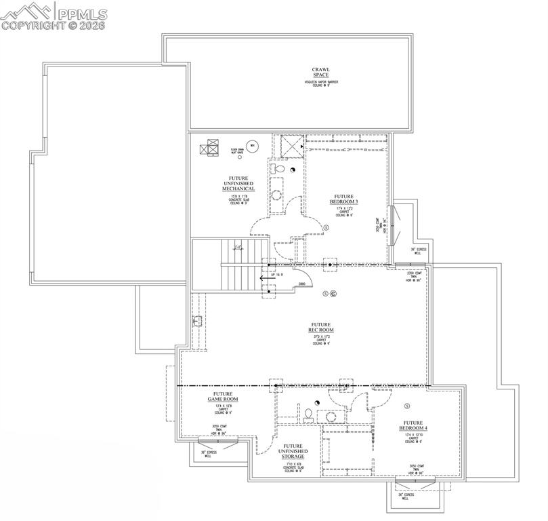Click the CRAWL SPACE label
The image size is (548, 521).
coord(320,72)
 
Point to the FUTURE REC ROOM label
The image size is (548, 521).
coord(320,328)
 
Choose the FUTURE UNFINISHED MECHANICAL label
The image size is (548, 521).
coord(238,183)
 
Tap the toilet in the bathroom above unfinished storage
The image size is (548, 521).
coord(307,413)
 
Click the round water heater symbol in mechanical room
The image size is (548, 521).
coord(251,146)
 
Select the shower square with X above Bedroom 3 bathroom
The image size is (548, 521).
coord(293,144)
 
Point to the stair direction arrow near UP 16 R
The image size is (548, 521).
coord(268,277)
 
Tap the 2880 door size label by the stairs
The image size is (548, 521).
coord(302,284)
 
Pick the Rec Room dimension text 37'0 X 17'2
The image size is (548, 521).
coord(320,336)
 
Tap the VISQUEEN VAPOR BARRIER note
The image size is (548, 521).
coord(320,82)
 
